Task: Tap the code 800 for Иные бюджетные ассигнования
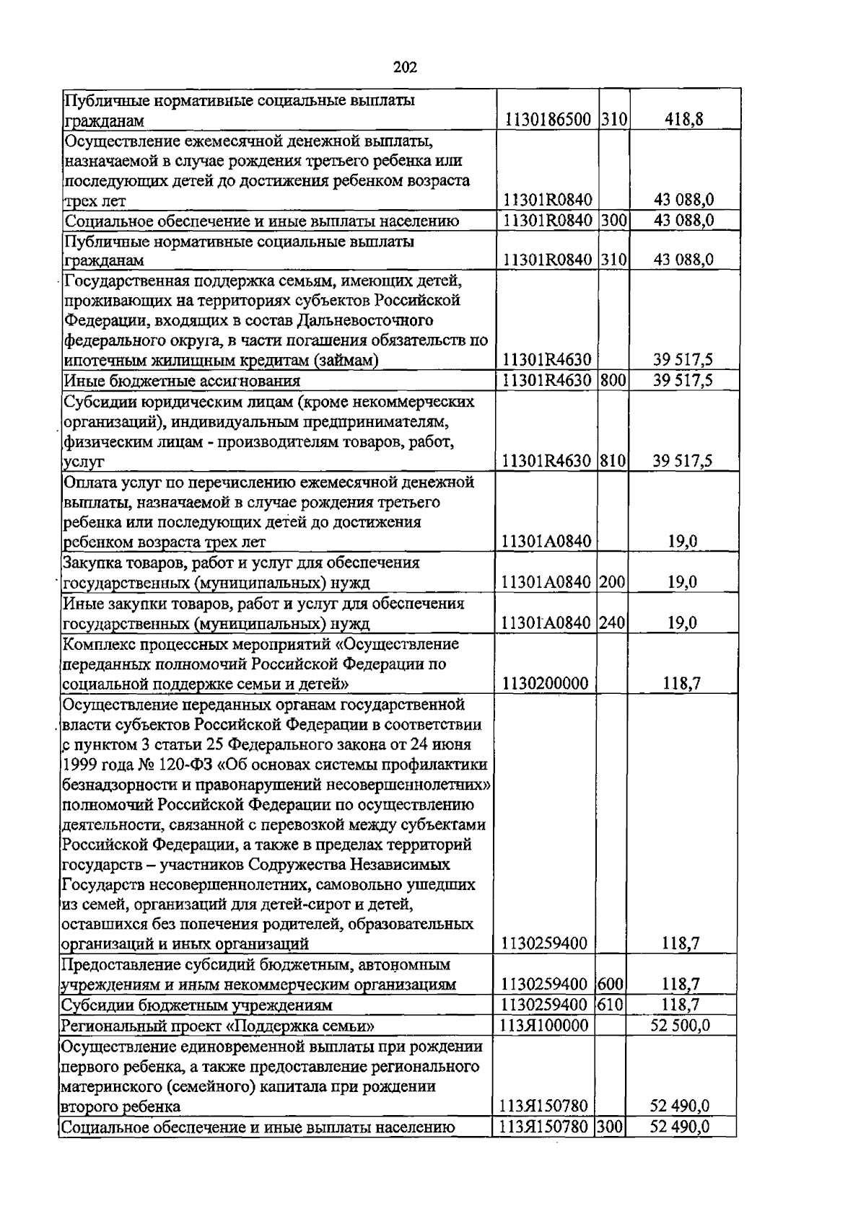(x=612, y=380)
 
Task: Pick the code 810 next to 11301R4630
(x=612, y=460)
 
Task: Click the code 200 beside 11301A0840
(x=612, y=582)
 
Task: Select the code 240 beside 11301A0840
(x=612, y=622)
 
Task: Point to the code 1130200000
(x=546, y=683)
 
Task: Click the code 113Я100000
(x=543, y=1025)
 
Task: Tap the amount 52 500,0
(x=680, y=1025)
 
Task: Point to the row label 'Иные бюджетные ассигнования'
(x=182, y=381)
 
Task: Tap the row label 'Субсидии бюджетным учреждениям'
(x=196, y=1005)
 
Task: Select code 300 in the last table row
(x=610, y=1126)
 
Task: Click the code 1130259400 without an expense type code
(x=546, y=943)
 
